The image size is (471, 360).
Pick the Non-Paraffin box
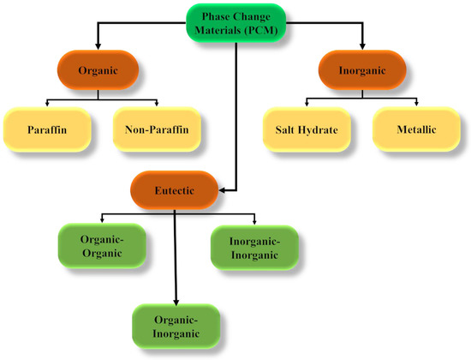pyautogui.click(x=158, y=130)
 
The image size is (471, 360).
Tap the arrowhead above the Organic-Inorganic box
pyautogui.click(x=176, y=299)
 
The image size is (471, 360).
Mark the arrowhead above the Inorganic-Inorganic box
pyautogui.click(x=253, y=221)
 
